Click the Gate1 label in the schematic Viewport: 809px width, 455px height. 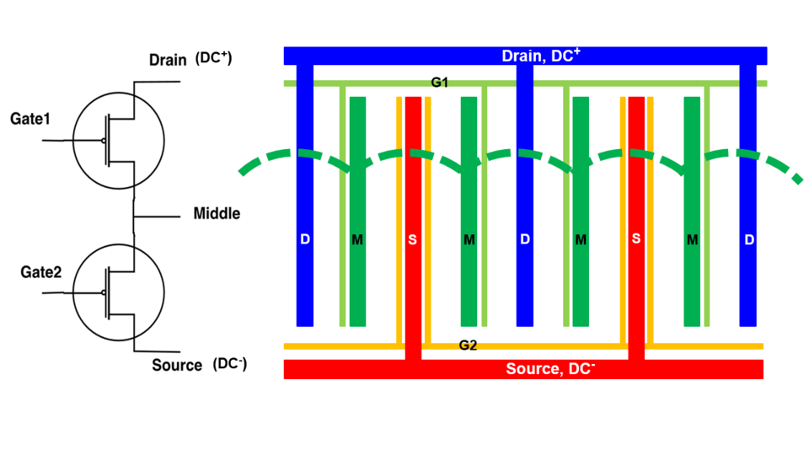pyautogui.click(x=30, y=120)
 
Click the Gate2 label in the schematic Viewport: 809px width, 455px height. pyautogui.click(x=30, y=272)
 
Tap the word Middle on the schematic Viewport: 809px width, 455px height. pyautogui.click(x=217, y=213)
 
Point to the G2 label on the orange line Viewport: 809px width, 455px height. pyautogui.click(x=469, y=345)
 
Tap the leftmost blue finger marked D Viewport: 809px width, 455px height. pyautogui.click(x=305, y=240)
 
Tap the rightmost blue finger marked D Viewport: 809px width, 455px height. pyautogui.click(x=748, y=240)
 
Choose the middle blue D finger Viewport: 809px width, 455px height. pyautogui.click(x=525, y=240)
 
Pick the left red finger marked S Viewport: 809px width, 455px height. pyautogui.click(x=413, y=240)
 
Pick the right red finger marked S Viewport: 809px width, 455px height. pyautogui.click(x=636, y=240)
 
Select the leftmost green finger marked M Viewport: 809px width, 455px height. pyautogui.click(x=357, y=240)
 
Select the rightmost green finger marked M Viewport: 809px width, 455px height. pyautogui.click(x=692, y=240)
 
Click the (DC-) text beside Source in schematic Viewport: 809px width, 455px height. pyautogui.click(x=231, y=364)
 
